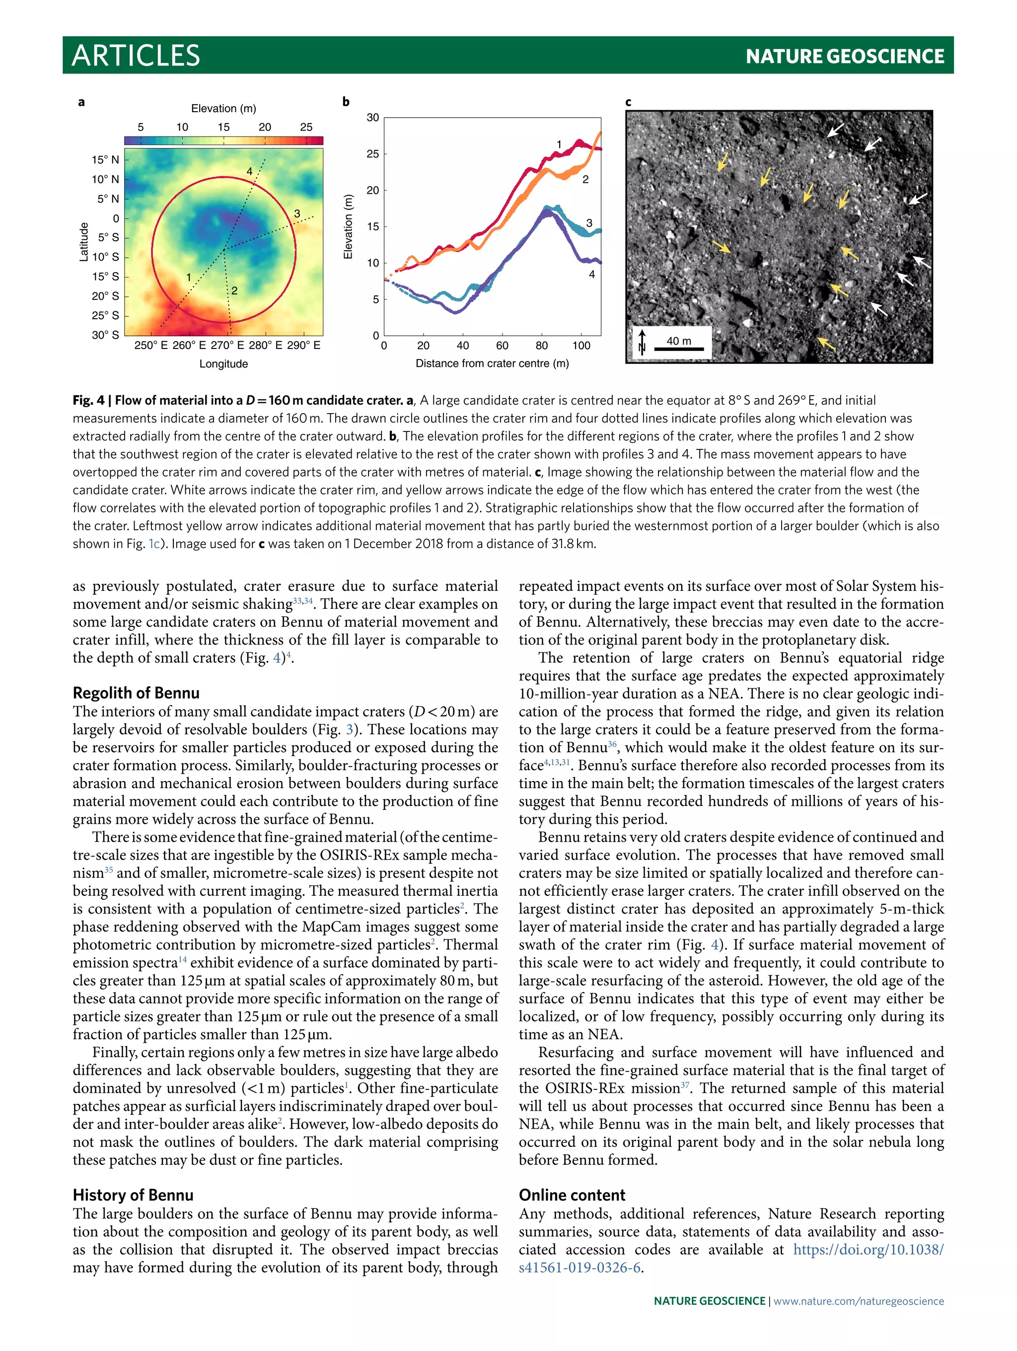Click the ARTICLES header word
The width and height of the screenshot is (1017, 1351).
pyautogui.click(x=136, y=56)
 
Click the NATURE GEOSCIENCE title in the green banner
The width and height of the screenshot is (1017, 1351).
pyautogui.click(x=844, y=57)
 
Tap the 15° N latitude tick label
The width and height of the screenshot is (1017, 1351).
pyautogui.click(x=105, y=160)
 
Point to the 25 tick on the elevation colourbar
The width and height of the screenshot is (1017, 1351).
pyautogui.click(x=306, y=127)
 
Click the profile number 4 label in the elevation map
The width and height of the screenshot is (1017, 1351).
pyautogui.click(x=249, y=172)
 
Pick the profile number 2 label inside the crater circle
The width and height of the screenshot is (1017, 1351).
pyautogui.click(x=234, y=291)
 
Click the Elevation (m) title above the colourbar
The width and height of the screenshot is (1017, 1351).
pyautogui.click(x=223, y=108)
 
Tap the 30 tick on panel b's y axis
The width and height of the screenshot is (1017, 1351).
pyautogui.click(x=372, y=117)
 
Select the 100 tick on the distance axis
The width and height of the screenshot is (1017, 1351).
pyautogui.click(x=581, y=346)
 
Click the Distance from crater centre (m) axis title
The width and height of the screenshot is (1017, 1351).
pyautogui.click(x=492, y=363)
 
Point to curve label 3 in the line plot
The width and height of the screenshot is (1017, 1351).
pyautogui.click(x=589, y=223)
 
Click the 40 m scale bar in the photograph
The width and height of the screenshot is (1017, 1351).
pyautogui.click(x=679, y=349)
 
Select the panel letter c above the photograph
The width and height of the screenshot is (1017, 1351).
pyautogui.click(x=629, y=102)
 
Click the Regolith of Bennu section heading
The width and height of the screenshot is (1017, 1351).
pyautogui.click(x=136, y=693)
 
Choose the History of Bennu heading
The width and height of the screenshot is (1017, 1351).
pyautogui.click(x=133, y=1195)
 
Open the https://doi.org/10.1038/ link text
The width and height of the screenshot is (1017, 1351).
pyautogui.click(x=868, y=1249)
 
